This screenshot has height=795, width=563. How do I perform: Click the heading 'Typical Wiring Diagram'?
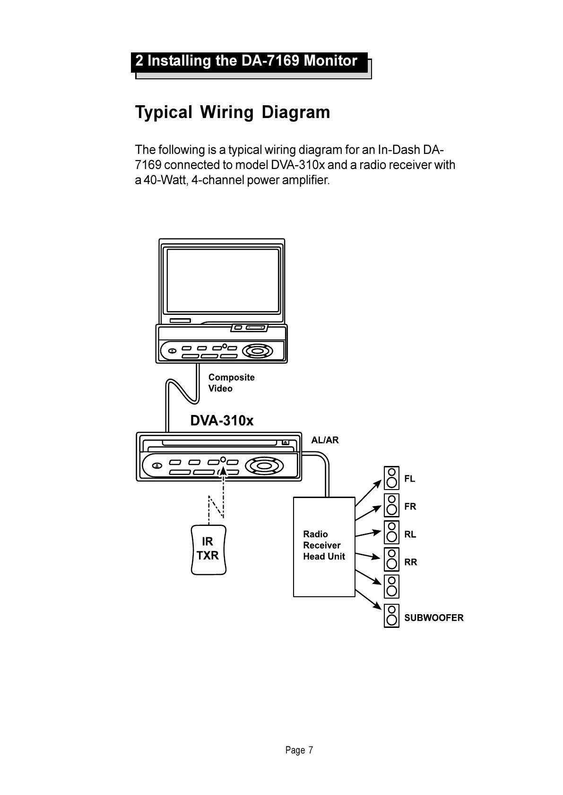(233, 112)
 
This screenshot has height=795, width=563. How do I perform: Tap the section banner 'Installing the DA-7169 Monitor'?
(247, 61)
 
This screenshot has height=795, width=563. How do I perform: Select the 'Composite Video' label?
(231, 383)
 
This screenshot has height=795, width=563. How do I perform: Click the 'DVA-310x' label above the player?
(222, 421)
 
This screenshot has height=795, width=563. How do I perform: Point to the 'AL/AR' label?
(325, 440)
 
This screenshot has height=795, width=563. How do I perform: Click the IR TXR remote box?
(208, 549)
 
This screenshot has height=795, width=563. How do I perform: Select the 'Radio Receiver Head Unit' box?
(324, 547)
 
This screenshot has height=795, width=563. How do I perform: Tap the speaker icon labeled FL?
(391, 478)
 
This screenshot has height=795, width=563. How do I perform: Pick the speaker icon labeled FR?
(391, 506)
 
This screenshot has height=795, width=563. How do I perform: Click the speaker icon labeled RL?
(391, 533)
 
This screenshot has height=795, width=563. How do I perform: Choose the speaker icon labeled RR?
(391, 560)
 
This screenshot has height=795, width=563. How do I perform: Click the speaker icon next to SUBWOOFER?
(391, 616)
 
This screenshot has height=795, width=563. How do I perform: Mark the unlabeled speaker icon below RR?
(391, 587)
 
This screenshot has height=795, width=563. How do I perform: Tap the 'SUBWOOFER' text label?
(433, 617)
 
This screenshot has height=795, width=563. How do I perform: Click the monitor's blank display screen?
(223, 280)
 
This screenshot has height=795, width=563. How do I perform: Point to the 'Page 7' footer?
(299, 750)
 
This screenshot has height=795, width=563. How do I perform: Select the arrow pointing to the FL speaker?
(368, 493)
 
